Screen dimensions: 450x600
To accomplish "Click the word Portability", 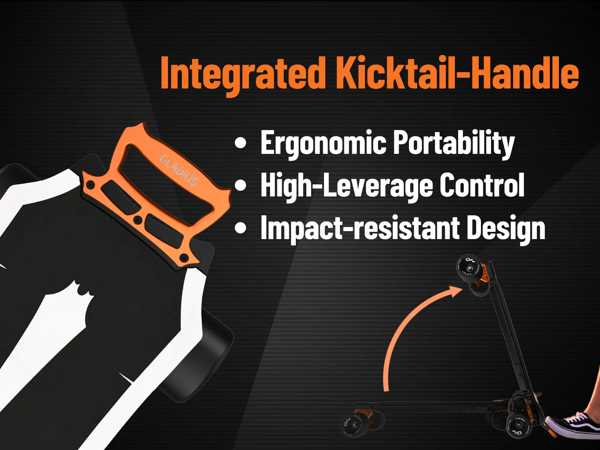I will point(454,144).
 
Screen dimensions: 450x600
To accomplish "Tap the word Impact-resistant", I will point(360,228).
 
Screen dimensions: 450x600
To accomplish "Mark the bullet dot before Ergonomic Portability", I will point(241,143).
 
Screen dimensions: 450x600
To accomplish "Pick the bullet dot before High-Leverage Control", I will point(241,185).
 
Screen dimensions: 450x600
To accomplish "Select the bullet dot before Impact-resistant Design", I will point(241,228).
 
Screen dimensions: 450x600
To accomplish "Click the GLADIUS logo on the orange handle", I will point(180,171).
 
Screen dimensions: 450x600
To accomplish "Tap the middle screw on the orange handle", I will point(138,220).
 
